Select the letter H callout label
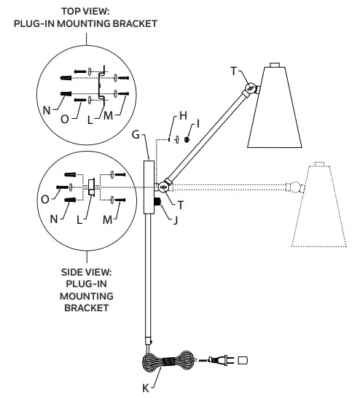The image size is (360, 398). pos(183,116)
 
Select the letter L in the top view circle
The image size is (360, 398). pos(91,119)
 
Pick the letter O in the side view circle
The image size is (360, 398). pos(46,198)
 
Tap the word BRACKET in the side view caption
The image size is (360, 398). pos(87,308)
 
